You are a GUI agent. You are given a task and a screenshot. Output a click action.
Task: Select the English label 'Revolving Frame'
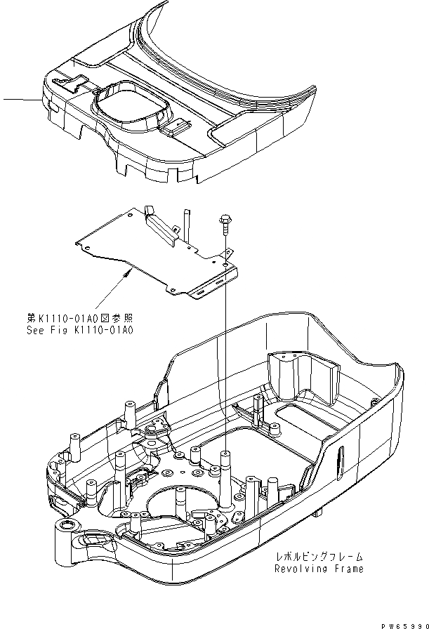click(319, 569)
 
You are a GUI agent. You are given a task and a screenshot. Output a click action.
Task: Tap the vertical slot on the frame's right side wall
click(340, 461)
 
